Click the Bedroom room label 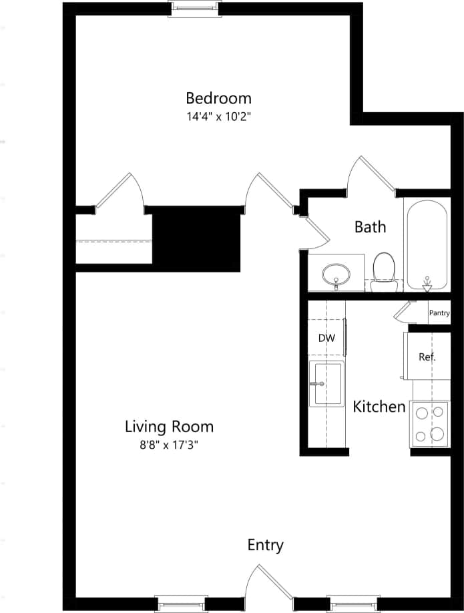[x=218, y=98]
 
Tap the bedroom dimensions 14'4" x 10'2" [x=218, y=117]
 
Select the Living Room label [x=170, y=426]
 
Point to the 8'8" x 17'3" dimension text [x=170, y=445]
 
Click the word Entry [x=265, y=545]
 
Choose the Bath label [x=370, y=227]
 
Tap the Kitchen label [x=379, y=406]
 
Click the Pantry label [x=439, y=313]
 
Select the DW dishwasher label [x=326, y=338]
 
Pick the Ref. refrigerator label [x=427, y=357]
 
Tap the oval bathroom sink [x=336, y=274]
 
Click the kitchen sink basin [x=326, y=383]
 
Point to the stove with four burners [x=429, y=424]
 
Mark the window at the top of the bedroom [x=194, y=8]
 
